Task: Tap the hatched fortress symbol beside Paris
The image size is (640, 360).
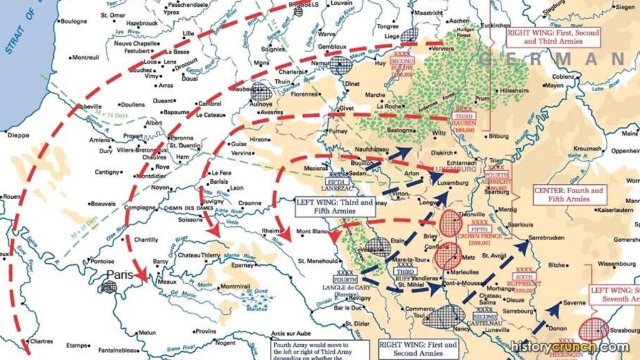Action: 109,287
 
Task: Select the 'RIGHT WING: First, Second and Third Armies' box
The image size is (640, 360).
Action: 552,37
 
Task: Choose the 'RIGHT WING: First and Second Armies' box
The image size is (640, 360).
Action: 418,349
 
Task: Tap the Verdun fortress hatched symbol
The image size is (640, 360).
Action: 377,247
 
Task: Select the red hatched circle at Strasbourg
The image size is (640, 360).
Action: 592,329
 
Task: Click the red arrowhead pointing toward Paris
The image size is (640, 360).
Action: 142,274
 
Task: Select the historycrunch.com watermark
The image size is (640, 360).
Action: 569,347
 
